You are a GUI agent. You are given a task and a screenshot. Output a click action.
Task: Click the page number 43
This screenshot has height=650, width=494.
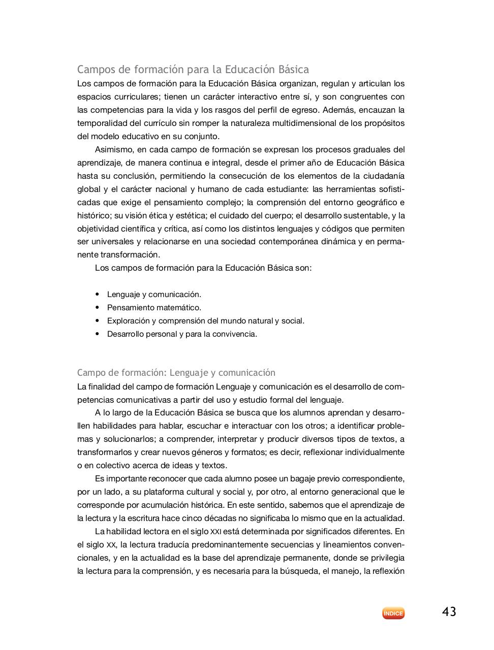point(449,612)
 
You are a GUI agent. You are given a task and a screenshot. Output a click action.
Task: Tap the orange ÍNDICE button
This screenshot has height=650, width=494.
point(393,613)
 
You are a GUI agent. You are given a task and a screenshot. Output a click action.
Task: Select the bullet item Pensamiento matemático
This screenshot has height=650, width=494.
point(154,308)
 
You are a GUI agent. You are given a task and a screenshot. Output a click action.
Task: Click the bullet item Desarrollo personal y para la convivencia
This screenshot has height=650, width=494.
point(182,334)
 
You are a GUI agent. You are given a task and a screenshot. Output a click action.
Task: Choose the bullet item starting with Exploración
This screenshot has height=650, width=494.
point(205,321)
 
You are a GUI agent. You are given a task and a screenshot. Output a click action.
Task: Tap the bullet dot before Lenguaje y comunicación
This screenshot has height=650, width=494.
point(97,295)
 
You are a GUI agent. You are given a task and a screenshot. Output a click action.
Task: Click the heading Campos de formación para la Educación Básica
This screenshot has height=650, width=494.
point(193,69)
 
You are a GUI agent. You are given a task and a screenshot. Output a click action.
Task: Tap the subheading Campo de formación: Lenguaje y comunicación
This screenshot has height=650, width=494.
point(176,373)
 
